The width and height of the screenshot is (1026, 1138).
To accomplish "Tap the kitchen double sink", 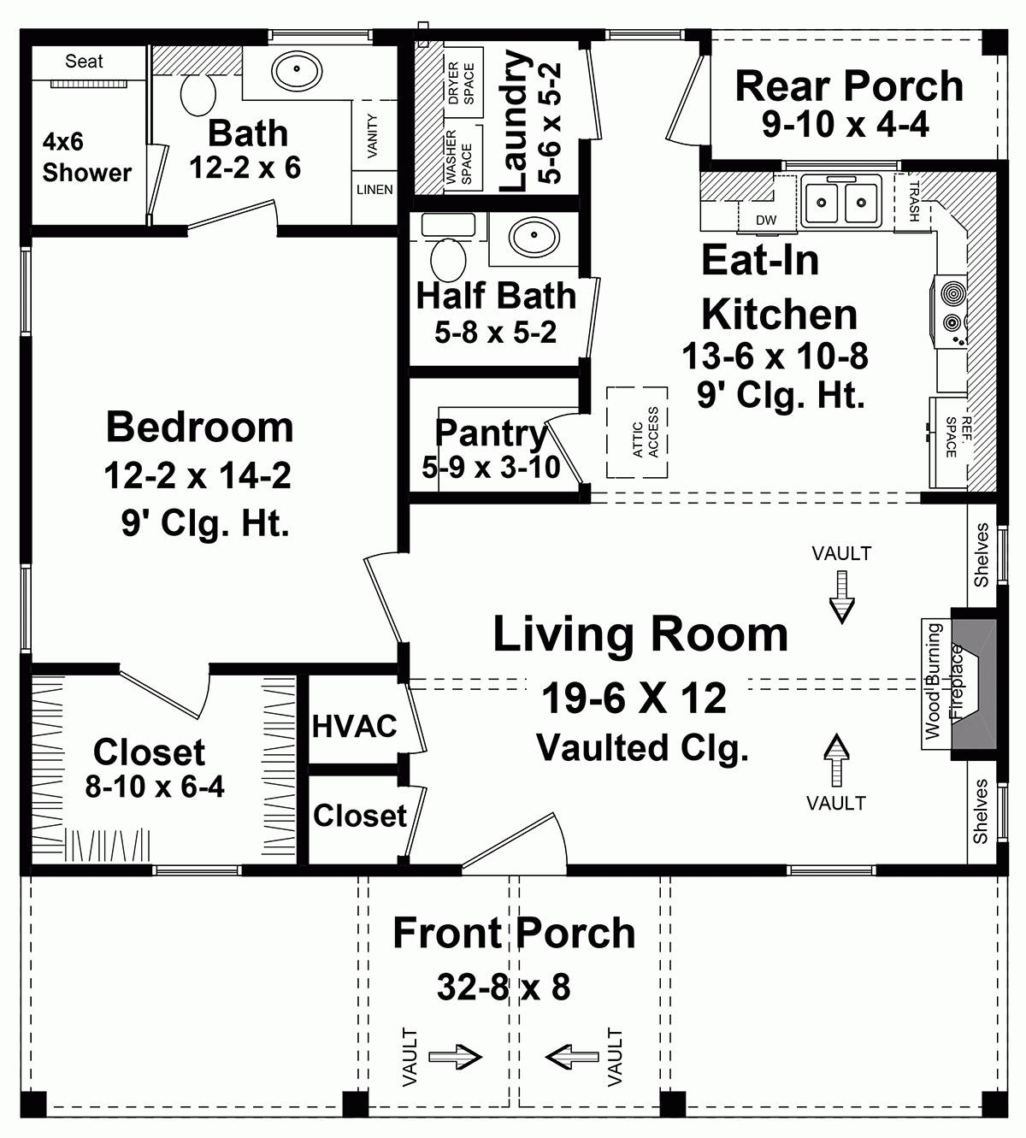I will pyautogui.click(x=840, y=202).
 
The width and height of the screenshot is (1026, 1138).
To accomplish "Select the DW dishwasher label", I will pyautogui.click(x=766, y=221).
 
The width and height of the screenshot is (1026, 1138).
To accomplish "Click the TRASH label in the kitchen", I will pyautogui.click(x=913, y=202).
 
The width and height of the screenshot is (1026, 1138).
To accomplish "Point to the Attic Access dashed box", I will pyautogui.click(x=638, y=433).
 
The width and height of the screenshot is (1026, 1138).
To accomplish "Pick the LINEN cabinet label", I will pyautogui.click(x=374, y=190).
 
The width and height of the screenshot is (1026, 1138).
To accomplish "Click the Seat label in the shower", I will pyautogui.click(x=84, y=62).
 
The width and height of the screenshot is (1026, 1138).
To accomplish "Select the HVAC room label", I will pyautogui.click(x=354, y=726).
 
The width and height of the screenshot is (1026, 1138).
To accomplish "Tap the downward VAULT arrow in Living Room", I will pyautogui.click(x=842, y=597).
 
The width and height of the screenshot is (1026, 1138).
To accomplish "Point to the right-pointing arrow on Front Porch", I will pyautogui.click(x=455, y=1058).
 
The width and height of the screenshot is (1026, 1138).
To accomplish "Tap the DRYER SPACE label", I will pyautogui.click(x=460, y=82).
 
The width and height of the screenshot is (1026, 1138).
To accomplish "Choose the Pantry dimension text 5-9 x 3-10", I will pyautogui.click(x=491, y=467).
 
